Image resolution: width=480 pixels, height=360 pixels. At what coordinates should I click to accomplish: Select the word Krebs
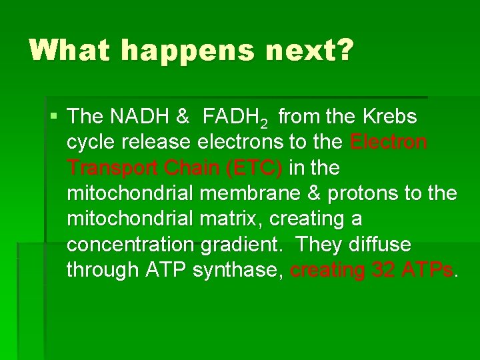click(390, 117)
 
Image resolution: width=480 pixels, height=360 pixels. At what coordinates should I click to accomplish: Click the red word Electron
click(389, 143)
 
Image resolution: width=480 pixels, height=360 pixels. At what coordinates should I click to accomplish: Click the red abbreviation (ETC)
click(254, 169)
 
